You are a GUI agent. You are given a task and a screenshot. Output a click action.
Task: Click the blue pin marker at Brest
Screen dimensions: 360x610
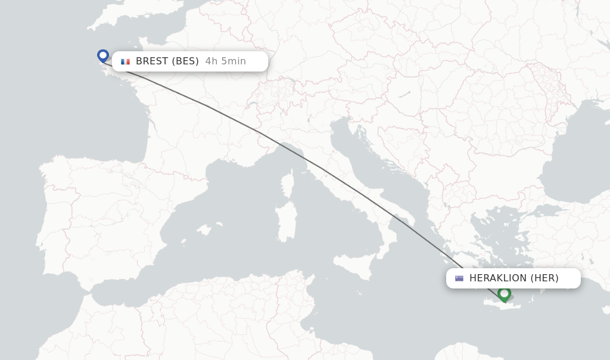point(103,55)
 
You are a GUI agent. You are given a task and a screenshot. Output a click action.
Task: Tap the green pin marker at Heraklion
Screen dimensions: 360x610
point(504,293)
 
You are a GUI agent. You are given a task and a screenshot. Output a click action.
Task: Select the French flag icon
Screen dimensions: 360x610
point(125,61)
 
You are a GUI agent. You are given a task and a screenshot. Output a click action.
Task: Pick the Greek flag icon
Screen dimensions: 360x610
point(459,278)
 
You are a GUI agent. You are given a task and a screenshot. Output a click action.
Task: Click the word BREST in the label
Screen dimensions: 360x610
point(152,61)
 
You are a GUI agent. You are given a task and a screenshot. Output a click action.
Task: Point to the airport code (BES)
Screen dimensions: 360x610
point(185,61)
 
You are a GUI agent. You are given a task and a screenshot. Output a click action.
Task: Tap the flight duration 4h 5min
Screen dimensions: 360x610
point(225,61)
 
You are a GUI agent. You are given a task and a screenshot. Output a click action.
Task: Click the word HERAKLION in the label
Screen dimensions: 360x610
point(498,278)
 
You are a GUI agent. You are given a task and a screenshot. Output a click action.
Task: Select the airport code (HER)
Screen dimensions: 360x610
point(544,278)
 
